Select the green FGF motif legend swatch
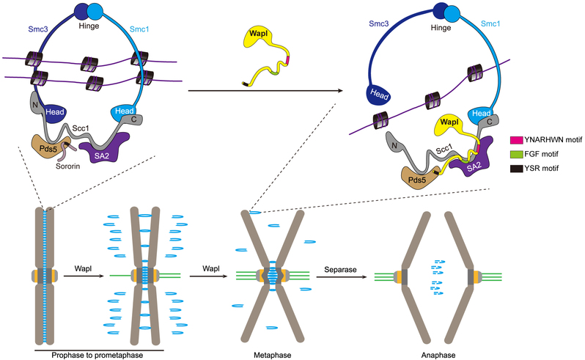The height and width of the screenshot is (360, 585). click(x=516, y=154)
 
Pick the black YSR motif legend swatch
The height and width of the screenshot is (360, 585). click(x=516, y=169)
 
